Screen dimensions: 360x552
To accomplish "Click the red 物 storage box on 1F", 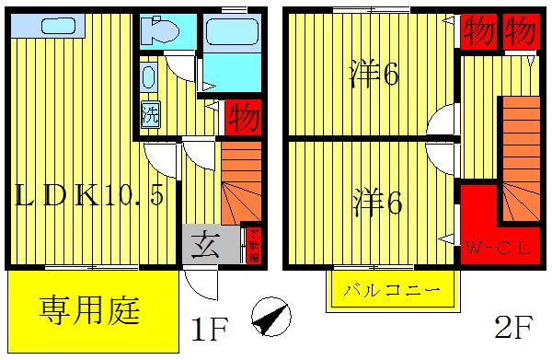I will tap(243, 119).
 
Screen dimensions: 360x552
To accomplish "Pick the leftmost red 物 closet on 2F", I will tap(479, 29).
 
